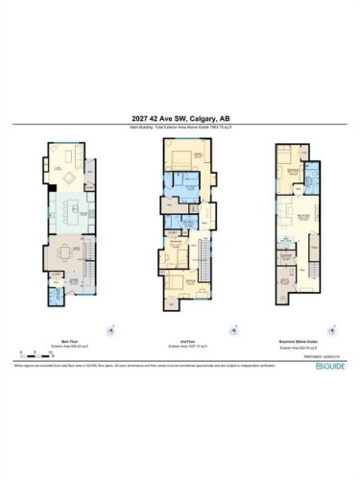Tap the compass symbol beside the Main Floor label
coord(111,327)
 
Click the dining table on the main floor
coord(64,254)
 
